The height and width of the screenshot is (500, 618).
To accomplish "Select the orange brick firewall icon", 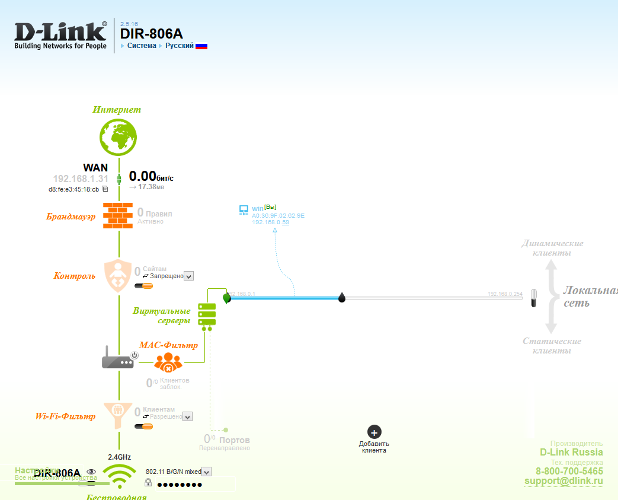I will pos(119,215).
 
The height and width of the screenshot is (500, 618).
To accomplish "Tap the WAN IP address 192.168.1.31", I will pos(81,179).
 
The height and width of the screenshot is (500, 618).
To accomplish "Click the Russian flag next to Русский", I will pos(201,46).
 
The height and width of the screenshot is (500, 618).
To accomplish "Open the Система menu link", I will pos(142,46).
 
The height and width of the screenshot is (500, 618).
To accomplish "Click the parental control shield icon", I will pos(119,275).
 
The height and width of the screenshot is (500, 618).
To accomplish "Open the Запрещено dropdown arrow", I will pos(188,276).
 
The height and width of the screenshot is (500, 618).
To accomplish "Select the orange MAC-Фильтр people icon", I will pos(168,361).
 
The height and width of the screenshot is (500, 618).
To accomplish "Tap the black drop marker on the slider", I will pos(342,297).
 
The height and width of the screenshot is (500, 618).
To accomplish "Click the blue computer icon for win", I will pos(243,210).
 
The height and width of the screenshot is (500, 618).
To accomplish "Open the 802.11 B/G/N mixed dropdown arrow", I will pos(206,472).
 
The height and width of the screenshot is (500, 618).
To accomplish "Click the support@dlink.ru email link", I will pos(563,481).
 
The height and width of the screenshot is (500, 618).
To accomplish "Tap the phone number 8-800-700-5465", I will pos(569,472).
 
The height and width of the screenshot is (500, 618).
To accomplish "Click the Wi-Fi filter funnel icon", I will pos(119,410).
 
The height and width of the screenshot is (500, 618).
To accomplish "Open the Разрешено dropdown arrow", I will pos(187,417).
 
